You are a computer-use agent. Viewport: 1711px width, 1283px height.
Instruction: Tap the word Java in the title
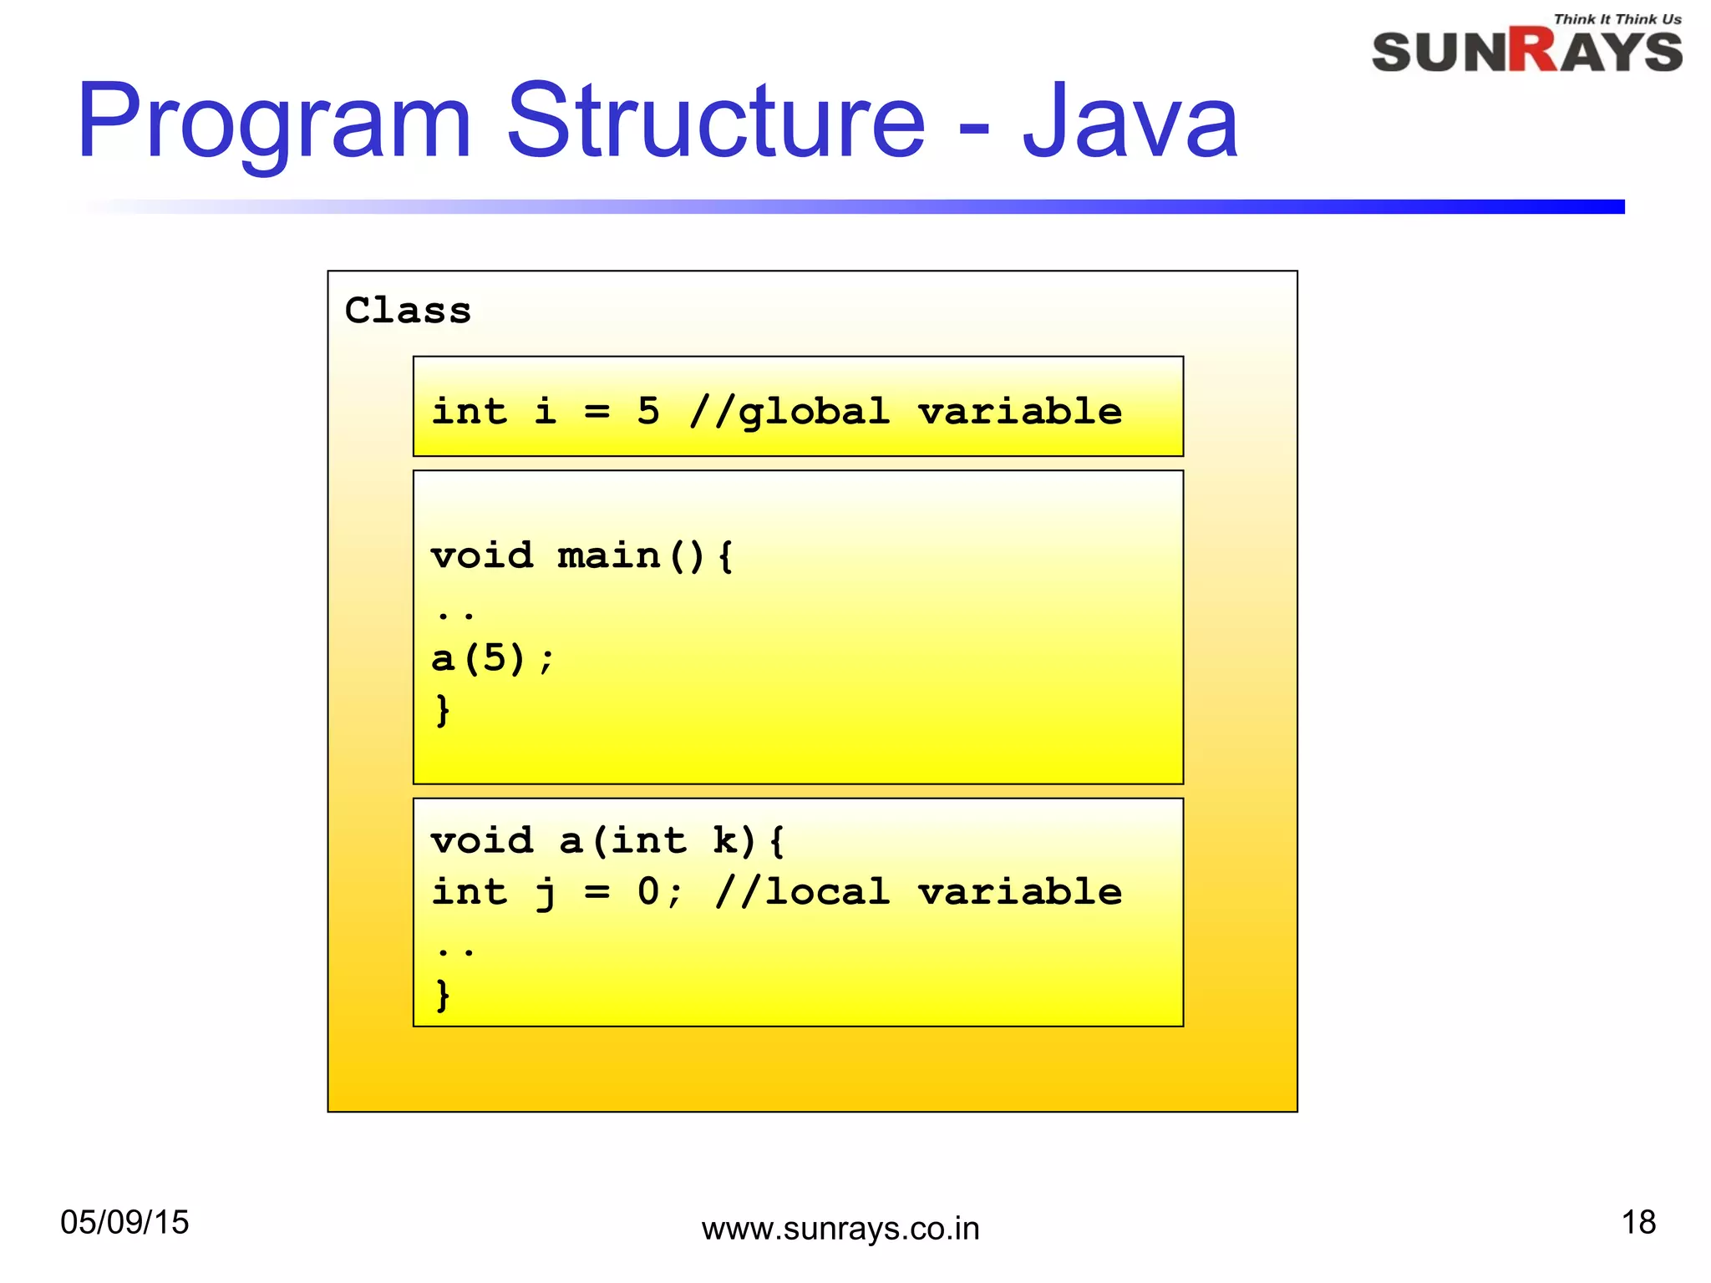pos(1130,124)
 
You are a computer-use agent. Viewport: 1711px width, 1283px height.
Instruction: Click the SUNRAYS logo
pos(1526,52)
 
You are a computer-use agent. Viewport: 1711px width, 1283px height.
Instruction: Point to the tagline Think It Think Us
pos(1617,19)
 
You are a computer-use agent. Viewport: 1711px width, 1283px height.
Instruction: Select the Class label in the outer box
pos(408,311)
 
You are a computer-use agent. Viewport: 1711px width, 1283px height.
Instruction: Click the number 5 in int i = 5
pos(648,411)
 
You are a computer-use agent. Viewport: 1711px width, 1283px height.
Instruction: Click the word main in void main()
pos(608,556)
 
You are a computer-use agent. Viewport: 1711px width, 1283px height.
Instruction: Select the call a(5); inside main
pos(491,659)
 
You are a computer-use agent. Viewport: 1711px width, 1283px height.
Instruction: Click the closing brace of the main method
pos(443,710)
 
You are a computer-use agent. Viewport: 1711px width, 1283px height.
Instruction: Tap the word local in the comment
pos(827,892)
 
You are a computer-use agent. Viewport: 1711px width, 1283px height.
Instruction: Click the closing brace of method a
pos(443,994)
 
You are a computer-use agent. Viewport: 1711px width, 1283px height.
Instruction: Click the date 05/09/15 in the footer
pos(125,1222)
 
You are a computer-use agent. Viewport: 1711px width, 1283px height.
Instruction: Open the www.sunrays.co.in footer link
pos(840,1229)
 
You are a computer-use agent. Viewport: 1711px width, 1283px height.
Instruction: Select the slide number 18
pos(1638,1222)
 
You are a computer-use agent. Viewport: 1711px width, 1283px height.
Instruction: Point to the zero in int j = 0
pos(648,892)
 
